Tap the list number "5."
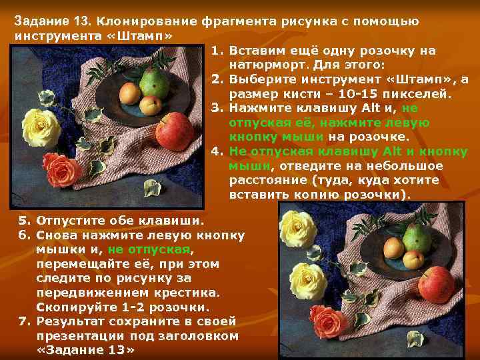pyautogui.click(x=25, y=220)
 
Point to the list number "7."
pyautogui.click(x=25, y=321)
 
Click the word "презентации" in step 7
pyautogui.click(x=80, y=335)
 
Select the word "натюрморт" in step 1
pyautogui.click(x=267, y=65)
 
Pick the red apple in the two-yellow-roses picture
pyautogui.click(x=437, y=285)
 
